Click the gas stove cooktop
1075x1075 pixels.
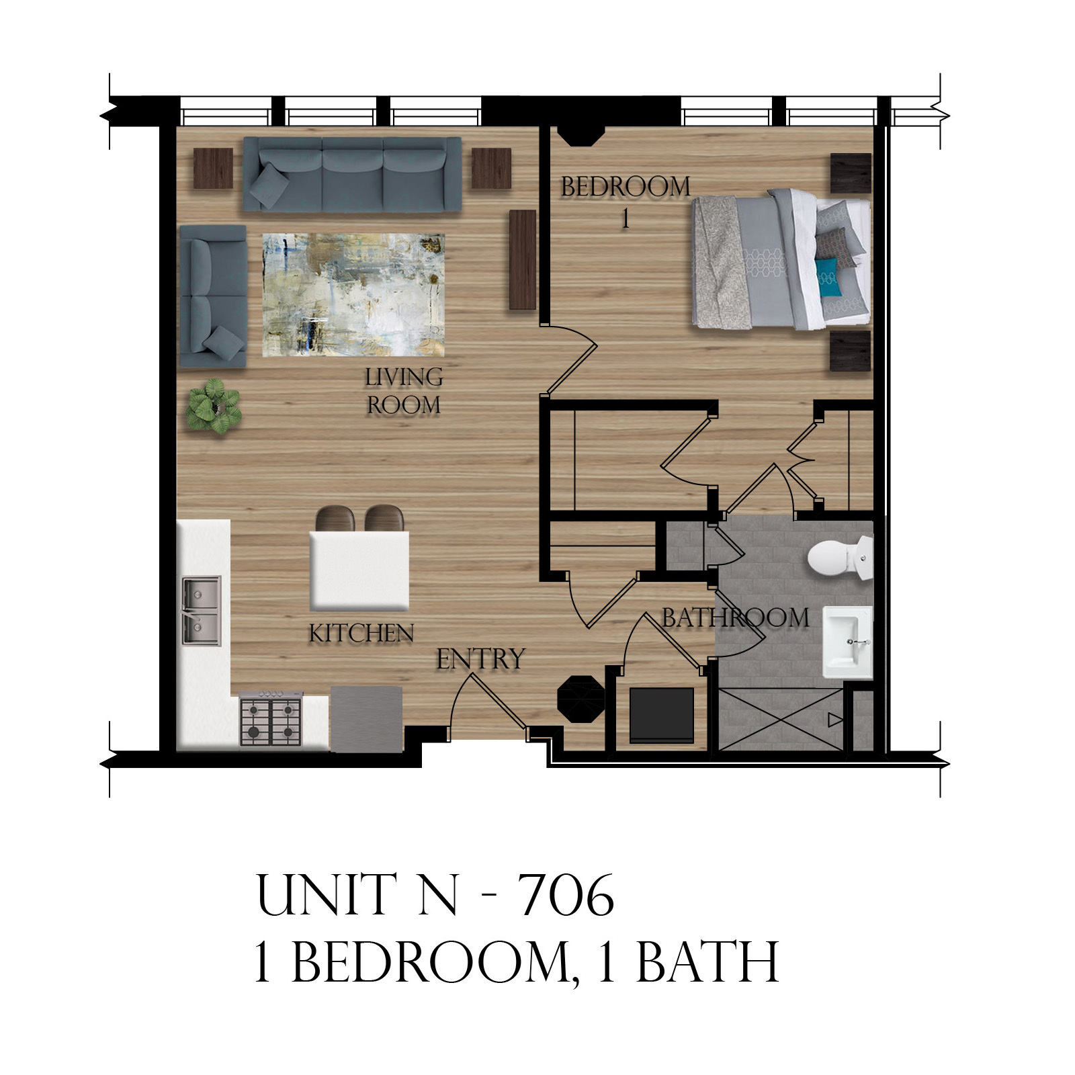tap(271, 720)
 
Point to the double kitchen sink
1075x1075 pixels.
tap(200, 611)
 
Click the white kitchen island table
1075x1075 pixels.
tap(359, 570)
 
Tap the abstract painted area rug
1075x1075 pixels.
tap(353, 295)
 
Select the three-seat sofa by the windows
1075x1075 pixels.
tap(351, 174)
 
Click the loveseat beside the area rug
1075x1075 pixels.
tap(212, 296)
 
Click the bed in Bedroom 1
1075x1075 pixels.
tap(779, 259)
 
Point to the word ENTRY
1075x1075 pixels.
tap(480, 659)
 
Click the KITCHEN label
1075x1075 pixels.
tap(361, 633)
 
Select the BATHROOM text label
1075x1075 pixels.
tap(735, 617)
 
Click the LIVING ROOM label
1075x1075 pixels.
tap(403, 392)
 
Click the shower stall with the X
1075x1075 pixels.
tap(779, 718)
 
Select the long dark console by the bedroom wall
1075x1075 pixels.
tap(522, 259)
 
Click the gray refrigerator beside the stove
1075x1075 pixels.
tap(366, 718)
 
